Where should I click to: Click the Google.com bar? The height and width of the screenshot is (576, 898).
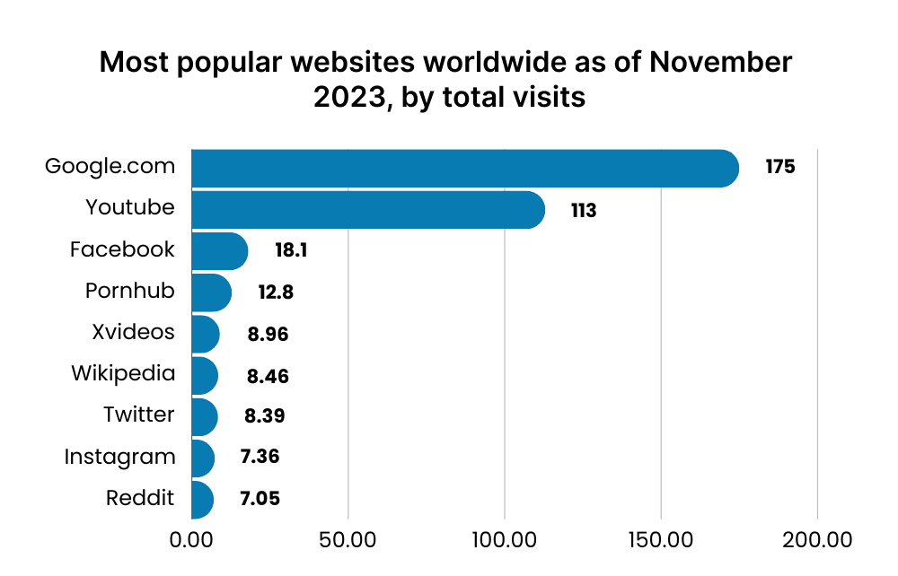[464, 168]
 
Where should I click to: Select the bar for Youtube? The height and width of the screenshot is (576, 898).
[367, 209]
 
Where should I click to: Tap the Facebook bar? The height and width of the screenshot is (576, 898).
[219, 250]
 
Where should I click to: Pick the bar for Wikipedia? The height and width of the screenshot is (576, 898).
[205, 375]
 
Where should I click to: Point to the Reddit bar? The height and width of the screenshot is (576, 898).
[203, 499]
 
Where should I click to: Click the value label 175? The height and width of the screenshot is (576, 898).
[780, 167]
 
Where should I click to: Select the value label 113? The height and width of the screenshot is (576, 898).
[584, 211]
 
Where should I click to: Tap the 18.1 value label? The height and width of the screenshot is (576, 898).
[291, 250]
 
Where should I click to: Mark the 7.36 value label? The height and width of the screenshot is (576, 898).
[260, 457]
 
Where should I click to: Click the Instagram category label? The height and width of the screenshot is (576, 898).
[119, 457]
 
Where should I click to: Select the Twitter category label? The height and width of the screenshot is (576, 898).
[138, 415]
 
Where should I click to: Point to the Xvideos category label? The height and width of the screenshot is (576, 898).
[133, 331]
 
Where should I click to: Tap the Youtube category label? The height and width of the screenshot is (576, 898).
[130, 207]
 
